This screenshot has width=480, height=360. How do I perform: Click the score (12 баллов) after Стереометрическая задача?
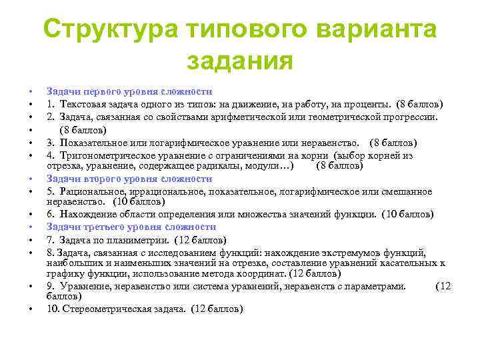coord(217,309)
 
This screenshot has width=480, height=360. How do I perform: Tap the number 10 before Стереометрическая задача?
coord(52,309)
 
